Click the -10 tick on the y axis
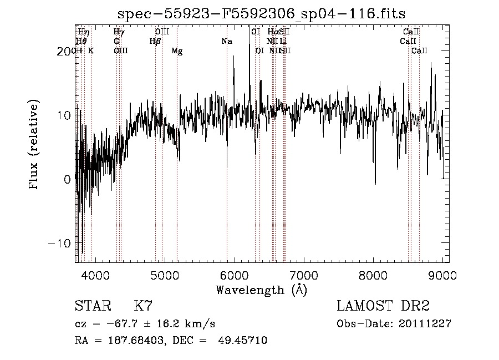[x=60, y=244]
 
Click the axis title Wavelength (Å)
[x=261, y=290]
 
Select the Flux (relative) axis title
[x=34, y=145]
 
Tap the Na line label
[x=226, y=42]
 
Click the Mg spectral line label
[x=177, y=51]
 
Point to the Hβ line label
[x=155, y=42]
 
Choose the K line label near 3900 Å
[x=91, y=51]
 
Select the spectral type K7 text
[x=144, y=306]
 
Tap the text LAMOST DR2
[x=383, y=306]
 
